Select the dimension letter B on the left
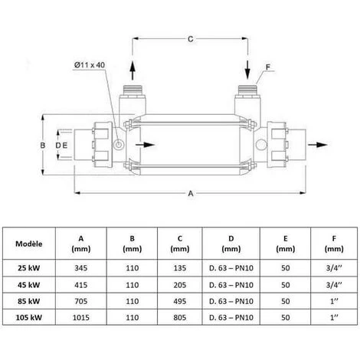[x=43, y=144]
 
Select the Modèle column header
[x=29, y=244]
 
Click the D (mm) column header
[x=230, y=244]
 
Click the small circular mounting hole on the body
[x=118, y=145]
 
